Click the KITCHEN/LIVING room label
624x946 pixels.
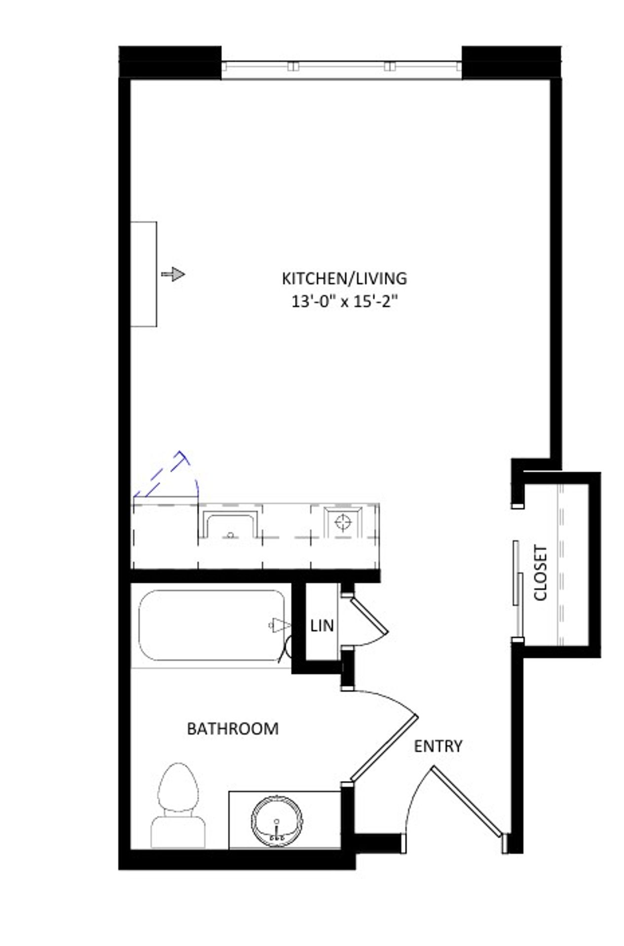344,278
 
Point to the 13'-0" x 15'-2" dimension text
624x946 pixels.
344,302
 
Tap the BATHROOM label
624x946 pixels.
232,729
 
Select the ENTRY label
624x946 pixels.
438,746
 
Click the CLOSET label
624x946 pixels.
541,573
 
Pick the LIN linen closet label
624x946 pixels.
322,626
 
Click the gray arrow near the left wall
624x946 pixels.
173,274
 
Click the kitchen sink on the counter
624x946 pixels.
230,525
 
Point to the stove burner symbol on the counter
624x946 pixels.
344,521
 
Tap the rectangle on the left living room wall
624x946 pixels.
144,274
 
